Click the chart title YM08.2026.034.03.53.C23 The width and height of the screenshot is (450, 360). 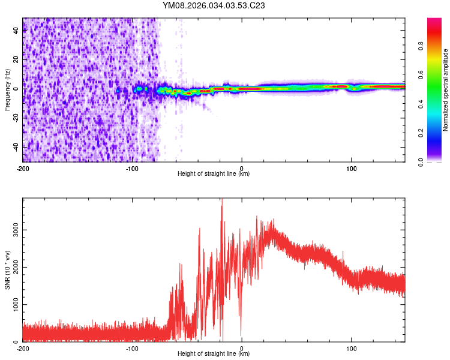[x=214, y=6]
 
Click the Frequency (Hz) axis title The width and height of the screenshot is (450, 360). [x=7, y=90]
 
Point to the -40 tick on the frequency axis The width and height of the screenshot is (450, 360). [x=14, y=147]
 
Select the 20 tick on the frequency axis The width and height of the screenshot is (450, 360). [x=16, y=59]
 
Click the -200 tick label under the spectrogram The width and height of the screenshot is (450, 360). [x=23, y=168]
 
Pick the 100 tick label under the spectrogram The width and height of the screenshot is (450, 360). [x=350, y=168]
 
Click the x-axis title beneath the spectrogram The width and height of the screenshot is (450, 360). [x=214, y=174]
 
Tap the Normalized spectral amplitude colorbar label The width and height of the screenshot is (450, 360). [x=445, y=90]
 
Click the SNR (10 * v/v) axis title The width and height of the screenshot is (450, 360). [x=7, y=269]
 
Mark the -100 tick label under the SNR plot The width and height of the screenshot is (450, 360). [x=132, y=349]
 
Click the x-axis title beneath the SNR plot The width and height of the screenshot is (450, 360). [x=214, y=355]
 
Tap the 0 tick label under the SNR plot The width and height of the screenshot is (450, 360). [x=241, y=349]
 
